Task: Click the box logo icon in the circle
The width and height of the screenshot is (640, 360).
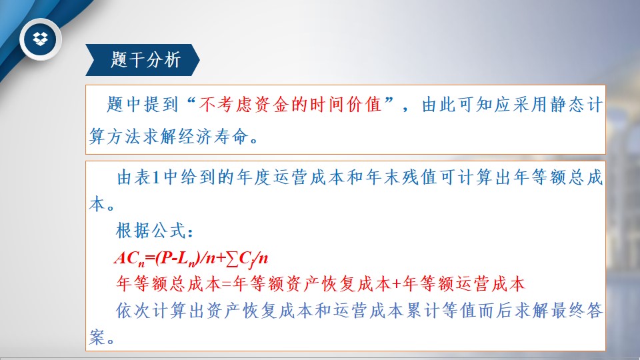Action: [x=41, y=39]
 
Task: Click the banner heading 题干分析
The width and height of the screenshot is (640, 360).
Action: [x=145, y=60]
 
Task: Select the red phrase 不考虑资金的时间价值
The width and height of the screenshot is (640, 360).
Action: [x=290, y=105]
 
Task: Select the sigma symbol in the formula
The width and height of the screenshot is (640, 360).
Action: [x=232, y=259]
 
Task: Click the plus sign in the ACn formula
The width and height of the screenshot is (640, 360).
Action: [x=221, y=259]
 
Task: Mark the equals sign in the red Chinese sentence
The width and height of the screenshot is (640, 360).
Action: [x=227, y=284]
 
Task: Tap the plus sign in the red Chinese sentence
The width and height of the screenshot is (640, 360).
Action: [x=396, y=284]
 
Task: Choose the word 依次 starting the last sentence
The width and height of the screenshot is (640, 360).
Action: [x=133, y=311]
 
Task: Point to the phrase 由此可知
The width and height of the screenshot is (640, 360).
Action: [x=457, y=105]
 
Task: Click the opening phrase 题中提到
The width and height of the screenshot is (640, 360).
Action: [x=143, y=105]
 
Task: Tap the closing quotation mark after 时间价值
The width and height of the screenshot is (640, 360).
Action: [x=389, y=101]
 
